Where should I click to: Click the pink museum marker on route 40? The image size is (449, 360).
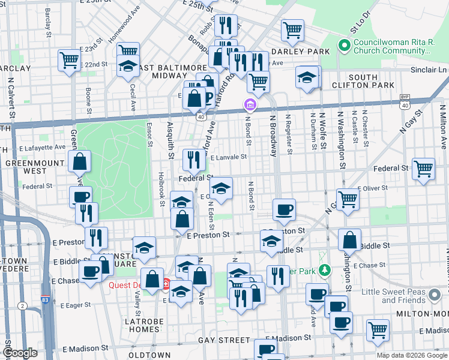[250, 106]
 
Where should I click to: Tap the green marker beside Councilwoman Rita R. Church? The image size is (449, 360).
[344, 44]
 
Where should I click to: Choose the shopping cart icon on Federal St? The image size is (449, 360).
[423, 169]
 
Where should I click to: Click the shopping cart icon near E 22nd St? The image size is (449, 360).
[69, 59]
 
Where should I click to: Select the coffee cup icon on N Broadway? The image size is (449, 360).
[284, 209]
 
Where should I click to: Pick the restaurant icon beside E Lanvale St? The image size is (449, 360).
[193, 159]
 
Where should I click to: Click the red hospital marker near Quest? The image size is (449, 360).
[166, 283]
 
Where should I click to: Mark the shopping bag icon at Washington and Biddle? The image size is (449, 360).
[349, 239]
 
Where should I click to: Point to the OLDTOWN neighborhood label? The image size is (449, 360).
[149, 355]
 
